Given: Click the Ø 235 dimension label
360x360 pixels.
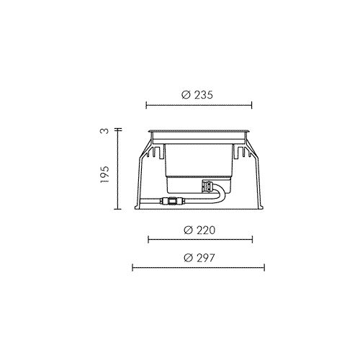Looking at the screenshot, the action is (197, 95).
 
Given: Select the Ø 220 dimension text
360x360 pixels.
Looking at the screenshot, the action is (199, 230).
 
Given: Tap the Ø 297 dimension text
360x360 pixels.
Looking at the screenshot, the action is (199, 258).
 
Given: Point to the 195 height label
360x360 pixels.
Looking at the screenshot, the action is (104, 174).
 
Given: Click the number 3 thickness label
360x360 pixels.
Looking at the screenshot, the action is (104, 131).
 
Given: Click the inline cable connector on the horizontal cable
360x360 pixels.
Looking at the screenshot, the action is (172, 201).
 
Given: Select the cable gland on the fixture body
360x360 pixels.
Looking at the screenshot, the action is (207, 187).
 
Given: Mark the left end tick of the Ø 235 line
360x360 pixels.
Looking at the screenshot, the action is (146, 105).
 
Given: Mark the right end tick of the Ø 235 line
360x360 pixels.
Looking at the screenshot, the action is (251, 105).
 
